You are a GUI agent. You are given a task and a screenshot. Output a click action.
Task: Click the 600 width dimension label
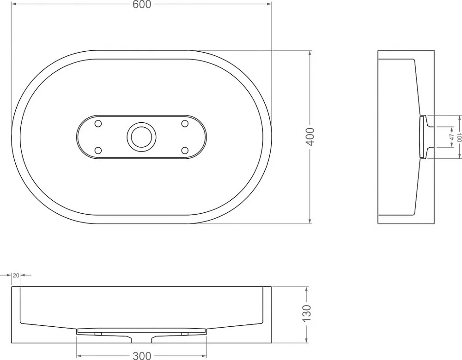(142, 5)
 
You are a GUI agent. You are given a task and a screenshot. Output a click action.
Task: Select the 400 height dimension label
(310, 137)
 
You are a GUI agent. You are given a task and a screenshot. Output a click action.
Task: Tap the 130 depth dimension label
(307, 313)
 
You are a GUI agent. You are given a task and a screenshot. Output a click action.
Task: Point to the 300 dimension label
(142, 355)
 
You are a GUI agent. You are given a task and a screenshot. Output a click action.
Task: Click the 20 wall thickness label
(16, 275)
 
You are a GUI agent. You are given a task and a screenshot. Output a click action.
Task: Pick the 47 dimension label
(452, 137)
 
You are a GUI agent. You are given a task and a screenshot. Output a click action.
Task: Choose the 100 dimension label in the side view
(459, 137)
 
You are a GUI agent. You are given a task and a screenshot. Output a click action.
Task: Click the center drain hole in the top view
(141, 137)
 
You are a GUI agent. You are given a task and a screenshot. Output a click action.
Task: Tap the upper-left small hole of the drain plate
(98, 124)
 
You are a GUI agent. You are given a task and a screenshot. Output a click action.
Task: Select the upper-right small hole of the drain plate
(185, 124)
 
